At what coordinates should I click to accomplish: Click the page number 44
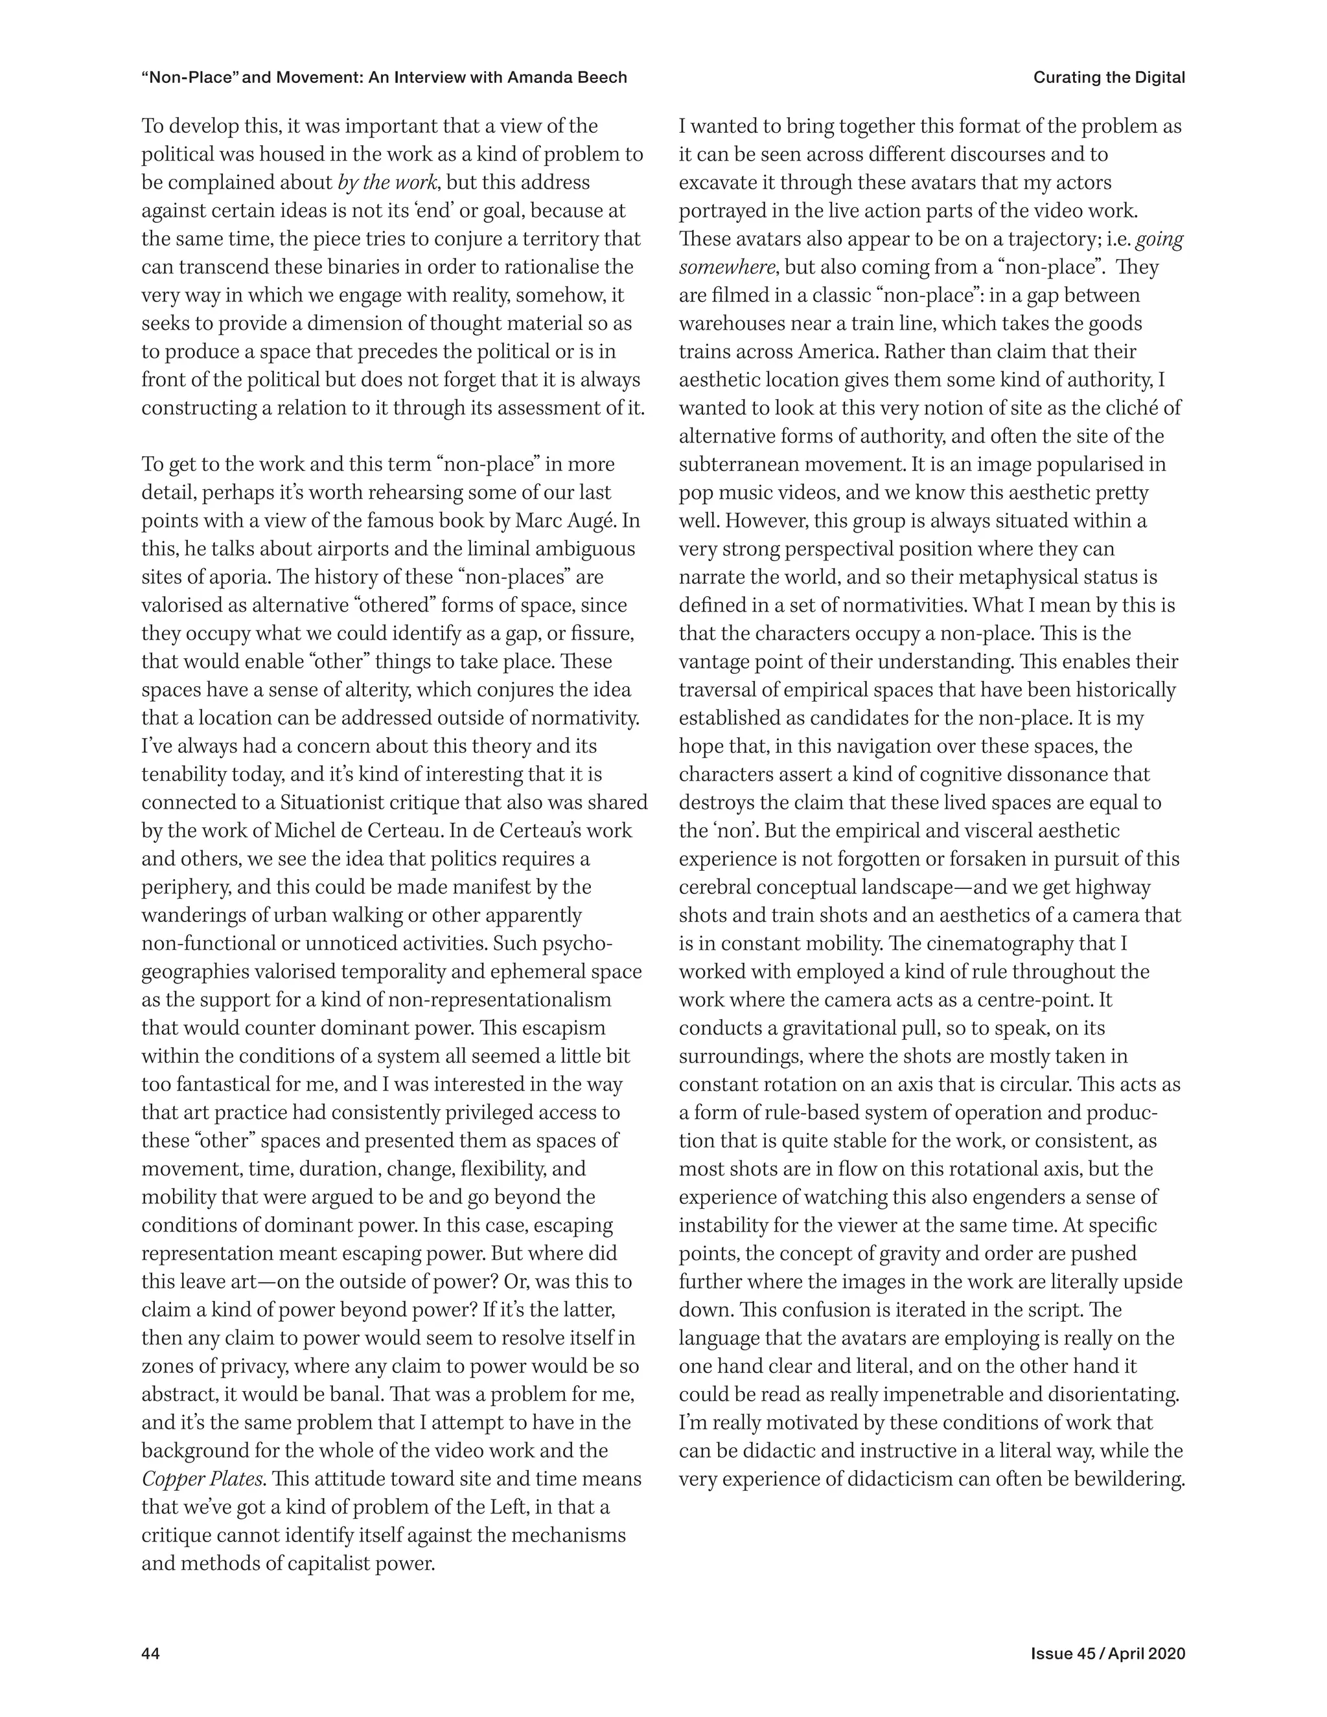tap(151, 1631)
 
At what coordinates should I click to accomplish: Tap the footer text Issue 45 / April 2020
tap(1107, 1631)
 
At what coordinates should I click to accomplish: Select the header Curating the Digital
tap(1109, 77)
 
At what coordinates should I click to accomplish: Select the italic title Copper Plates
tap(202, 1479)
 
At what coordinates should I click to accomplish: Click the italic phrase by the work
tap(387, 183)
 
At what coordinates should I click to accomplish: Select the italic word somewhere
tap(727, 268)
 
